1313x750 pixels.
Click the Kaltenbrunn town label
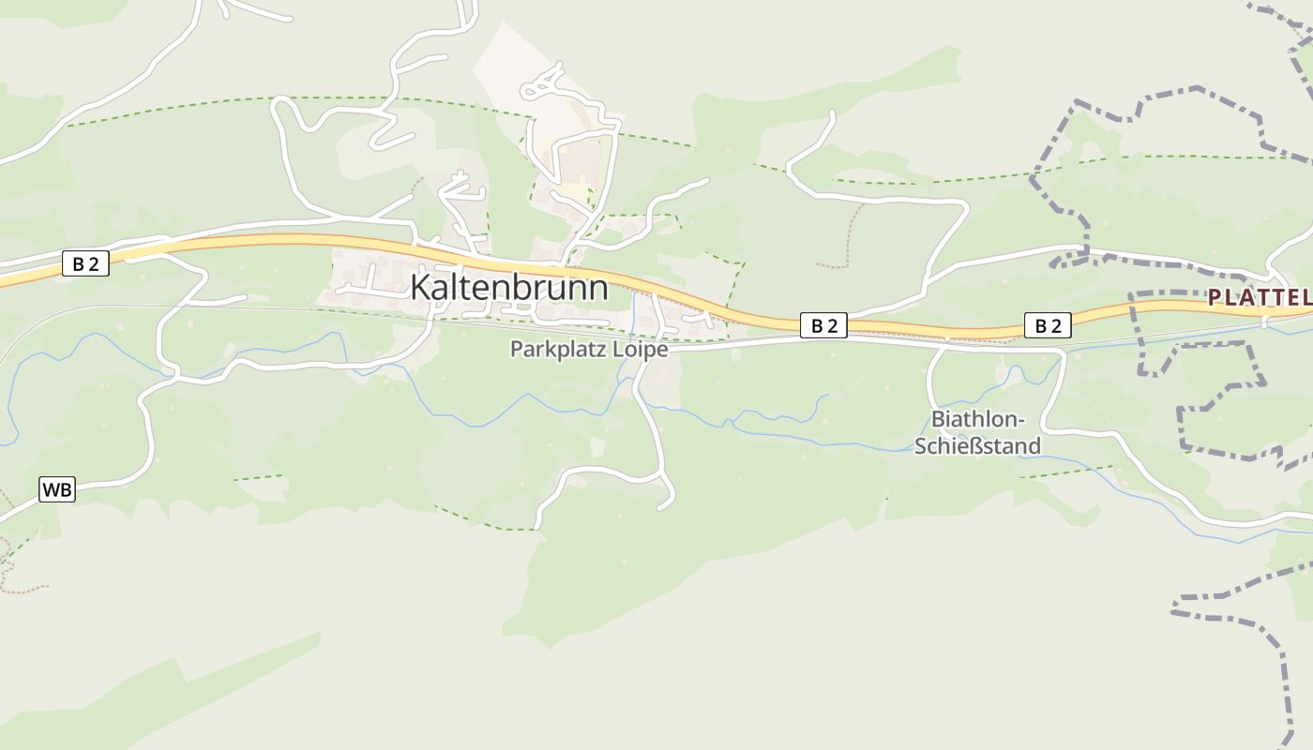(x=508, y=288)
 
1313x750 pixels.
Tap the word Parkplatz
(x=547, y=350)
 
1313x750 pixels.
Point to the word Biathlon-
(x=978, y=419)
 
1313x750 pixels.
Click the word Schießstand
(x=978, y=445)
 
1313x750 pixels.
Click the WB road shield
(x=57, y=489)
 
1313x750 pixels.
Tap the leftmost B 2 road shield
(x=85, y=264)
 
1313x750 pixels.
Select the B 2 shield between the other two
(x=823, y=325)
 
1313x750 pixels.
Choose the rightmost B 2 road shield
(x=1048, y=325)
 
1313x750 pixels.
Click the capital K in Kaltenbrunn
(x=420, y=288)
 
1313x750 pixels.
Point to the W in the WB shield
(x=52, y=489)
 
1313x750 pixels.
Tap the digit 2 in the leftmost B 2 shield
(x=93, y=264)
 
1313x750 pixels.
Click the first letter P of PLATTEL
(x=1214, y=298)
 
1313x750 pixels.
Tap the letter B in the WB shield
(x=65, y=489)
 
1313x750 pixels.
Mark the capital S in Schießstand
(x=921, y=445)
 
